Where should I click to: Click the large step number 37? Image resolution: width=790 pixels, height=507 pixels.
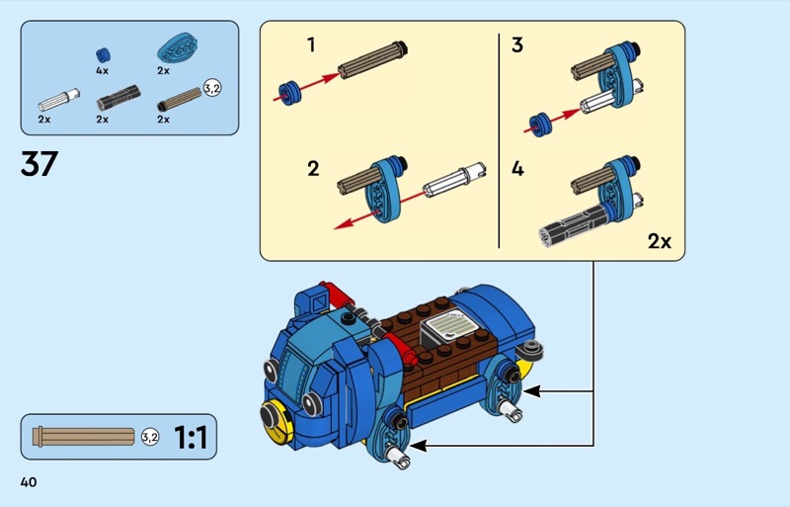point(39,162)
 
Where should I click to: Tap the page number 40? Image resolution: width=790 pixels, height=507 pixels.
point(28,481)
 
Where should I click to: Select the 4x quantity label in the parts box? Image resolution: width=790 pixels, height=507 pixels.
point(103,71)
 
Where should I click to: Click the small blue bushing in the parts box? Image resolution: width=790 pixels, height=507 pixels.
point(102,53)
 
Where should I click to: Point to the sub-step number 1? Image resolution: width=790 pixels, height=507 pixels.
point(311,44)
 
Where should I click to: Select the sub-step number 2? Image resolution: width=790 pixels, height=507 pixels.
point(313,168)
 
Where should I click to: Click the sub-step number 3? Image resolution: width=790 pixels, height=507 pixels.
point(517,44)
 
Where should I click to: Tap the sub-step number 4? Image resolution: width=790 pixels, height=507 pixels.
point(517,168)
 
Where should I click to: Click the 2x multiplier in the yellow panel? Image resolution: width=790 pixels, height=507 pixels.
point(660,240)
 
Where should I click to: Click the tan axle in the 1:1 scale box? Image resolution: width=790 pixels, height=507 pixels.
point(84,436)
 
